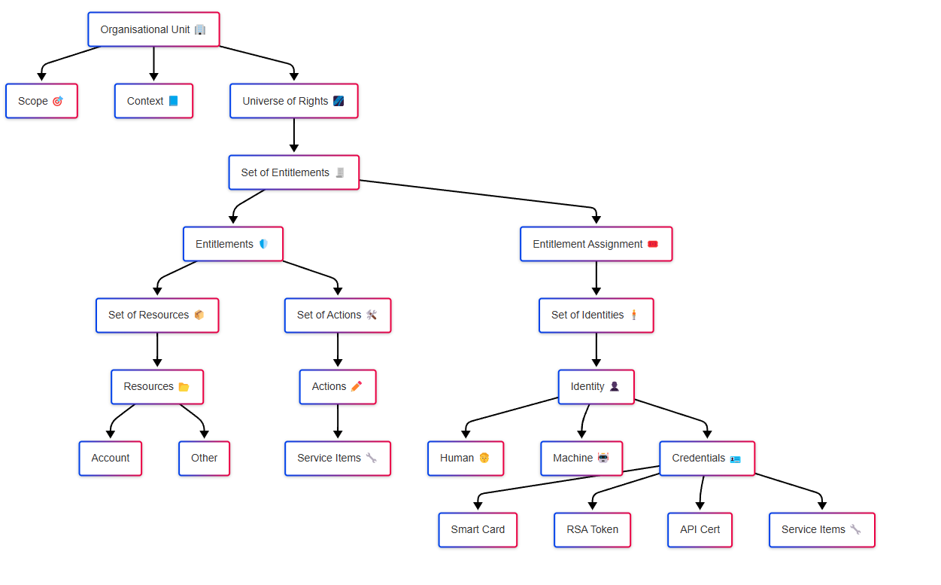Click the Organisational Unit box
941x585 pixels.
tap(153, 29)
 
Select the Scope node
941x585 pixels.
tap(41, 101)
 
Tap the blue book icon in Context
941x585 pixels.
tap(174, 101)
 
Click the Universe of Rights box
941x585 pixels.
tap(293, 101)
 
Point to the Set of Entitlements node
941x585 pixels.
tap(293, 172)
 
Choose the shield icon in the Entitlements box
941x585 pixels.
tap(263, 244)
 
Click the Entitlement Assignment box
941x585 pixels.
tap(596, 244)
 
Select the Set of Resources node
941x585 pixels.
tap(156, 315)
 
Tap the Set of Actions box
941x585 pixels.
tap(337, 315)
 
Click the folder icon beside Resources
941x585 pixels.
tap(184, 387)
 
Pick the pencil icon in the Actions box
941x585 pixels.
tap(357, 386)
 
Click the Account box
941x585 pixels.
tap(110, 459)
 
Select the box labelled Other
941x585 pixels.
tap(204, 459)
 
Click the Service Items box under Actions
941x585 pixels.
tap(337, 459)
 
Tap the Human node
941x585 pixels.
tap(465, 459)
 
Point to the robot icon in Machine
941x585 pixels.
tap(603, 458)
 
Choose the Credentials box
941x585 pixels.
tap(706, 459)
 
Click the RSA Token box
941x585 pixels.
tap(592, 530)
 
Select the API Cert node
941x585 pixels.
tap(700, 530)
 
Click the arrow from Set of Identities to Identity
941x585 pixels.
tap(596, 351)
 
